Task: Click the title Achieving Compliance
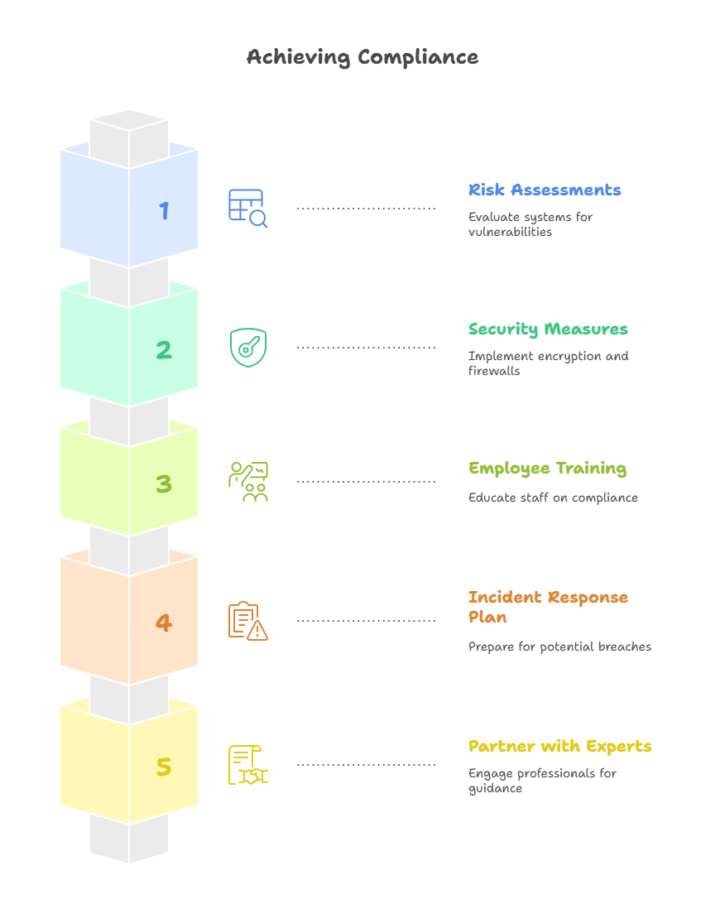(x=362, y=57)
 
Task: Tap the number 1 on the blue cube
(x=164, y=210)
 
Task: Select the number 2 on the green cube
(x=164, y=350)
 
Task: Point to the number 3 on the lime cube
(x=164, y=483)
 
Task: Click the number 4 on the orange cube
(x=164, y=623)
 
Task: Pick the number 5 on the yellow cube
(x=164, y=767)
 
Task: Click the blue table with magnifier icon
(x=247, y=208)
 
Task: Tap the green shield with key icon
(x=247, y=348)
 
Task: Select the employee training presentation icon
(x=247, y=482)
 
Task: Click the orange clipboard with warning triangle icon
(x=247, y=621)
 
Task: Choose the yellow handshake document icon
(x=247, y=765)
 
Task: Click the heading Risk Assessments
(x=545, y=190)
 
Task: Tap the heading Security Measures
(x=548, y=329)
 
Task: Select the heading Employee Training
(x=548, y=469)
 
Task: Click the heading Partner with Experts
(x=560, y=747)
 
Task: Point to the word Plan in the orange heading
(x=487, y=617)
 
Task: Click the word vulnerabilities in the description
(x=510, y=232)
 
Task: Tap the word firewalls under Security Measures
(x=494, y=371)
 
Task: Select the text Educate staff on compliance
(x=553, y=498)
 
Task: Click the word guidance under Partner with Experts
(x=495, y=789)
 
